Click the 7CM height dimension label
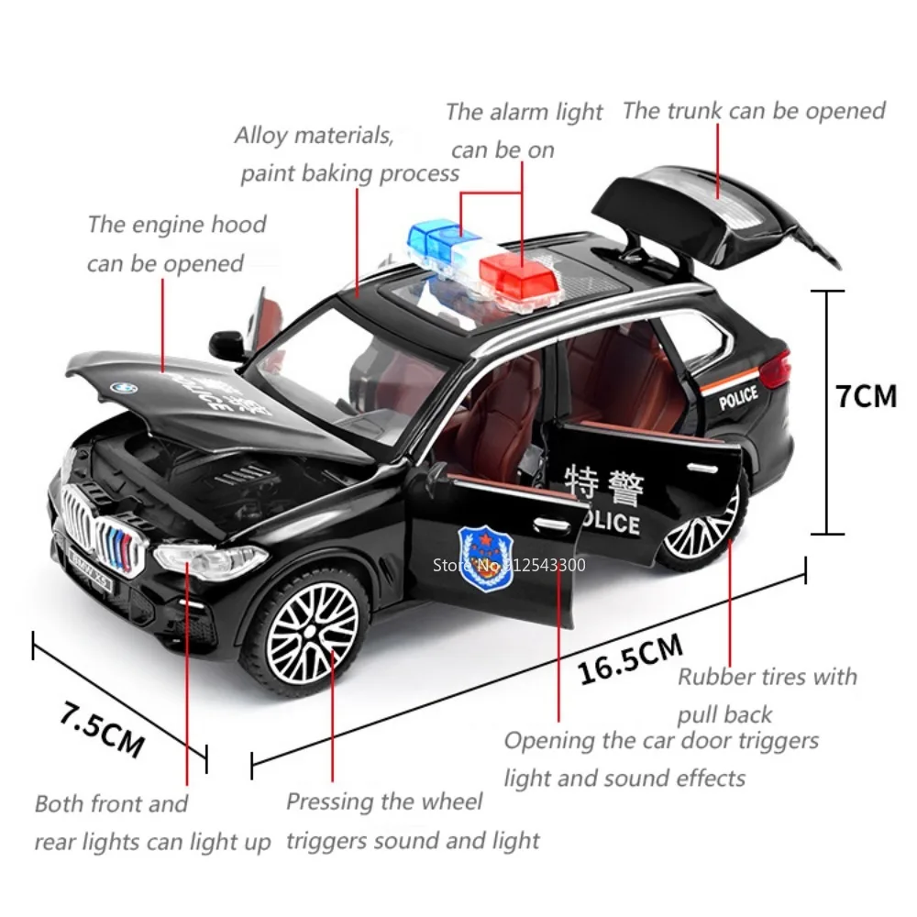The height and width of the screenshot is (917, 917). [866, 395]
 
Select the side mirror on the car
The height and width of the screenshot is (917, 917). [226, 344]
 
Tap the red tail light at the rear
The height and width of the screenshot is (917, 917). [776, 370]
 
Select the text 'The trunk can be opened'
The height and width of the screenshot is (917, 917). [754, 111]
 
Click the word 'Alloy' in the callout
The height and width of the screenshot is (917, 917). [260, 136]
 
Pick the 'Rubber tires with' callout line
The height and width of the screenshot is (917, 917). [767, 678]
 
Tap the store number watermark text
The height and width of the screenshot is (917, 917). [508, 564]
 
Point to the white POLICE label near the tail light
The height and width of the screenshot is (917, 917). [738, 397]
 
